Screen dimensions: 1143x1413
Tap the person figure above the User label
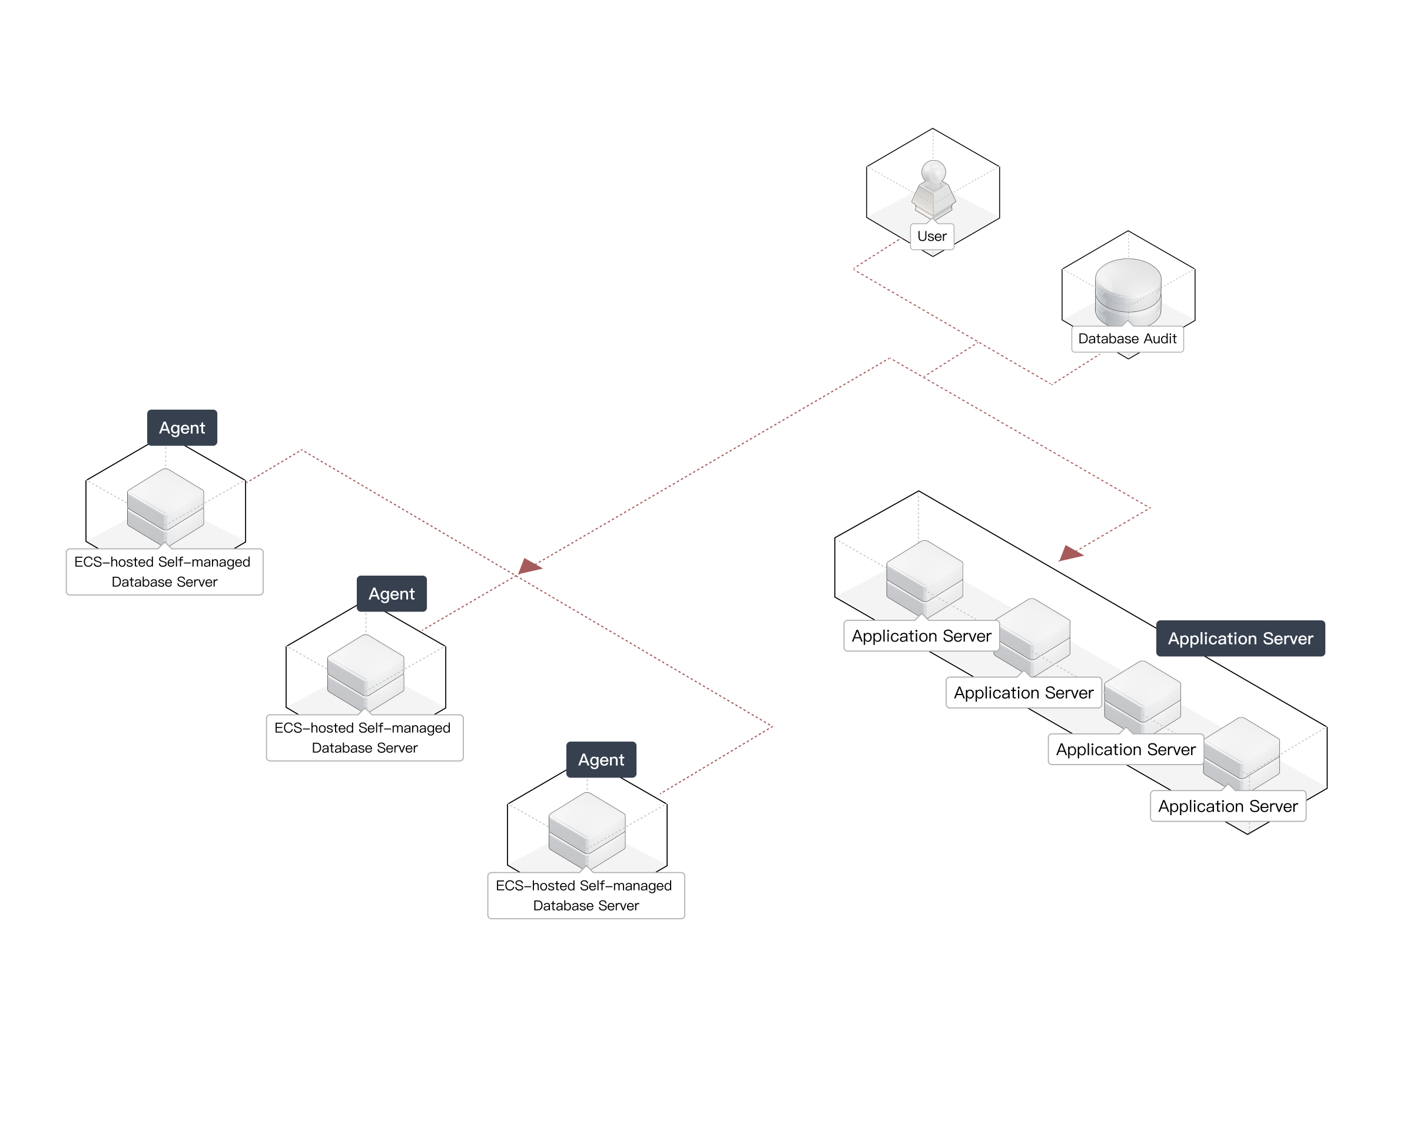933,190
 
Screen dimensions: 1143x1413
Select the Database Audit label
1127,339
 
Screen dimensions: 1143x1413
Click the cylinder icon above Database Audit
1128,293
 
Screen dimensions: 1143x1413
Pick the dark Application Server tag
1240,639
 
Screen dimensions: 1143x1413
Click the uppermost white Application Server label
921,636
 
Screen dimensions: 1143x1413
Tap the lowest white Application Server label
1228,806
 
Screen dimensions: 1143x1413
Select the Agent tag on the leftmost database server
183,428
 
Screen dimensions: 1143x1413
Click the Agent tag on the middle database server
392,594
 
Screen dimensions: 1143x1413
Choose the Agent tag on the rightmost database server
601,760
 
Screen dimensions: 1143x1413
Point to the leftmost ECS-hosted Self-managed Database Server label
164,571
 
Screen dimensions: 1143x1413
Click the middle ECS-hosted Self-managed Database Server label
364,737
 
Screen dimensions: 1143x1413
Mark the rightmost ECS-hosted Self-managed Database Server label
585,895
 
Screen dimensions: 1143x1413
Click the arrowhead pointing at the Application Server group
1070,554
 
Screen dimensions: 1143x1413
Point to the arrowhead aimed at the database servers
530,566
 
